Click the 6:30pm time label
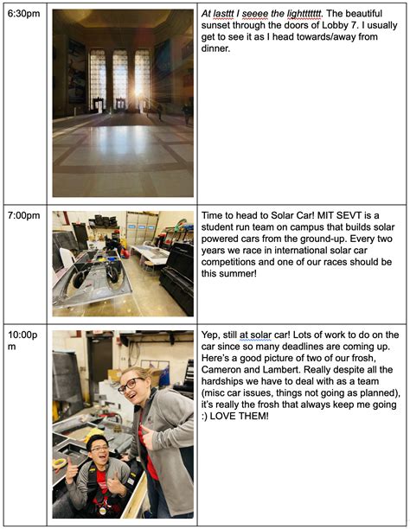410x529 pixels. (x=23, y=14)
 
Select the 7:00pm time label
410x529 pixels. (x=23, y=215)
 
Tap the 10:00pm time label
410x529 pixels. (x=22, y=341)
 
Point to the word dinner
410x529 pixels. (x=215, y=48)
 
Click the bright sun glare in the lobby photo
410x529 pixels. (x=138, y=90)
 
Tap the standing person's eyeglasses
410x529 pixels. (x=131, y=385)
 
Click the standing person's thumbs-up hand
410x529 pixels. (x=147, y=438)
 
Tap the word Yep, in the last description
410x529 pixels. (x=210, y=335)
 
